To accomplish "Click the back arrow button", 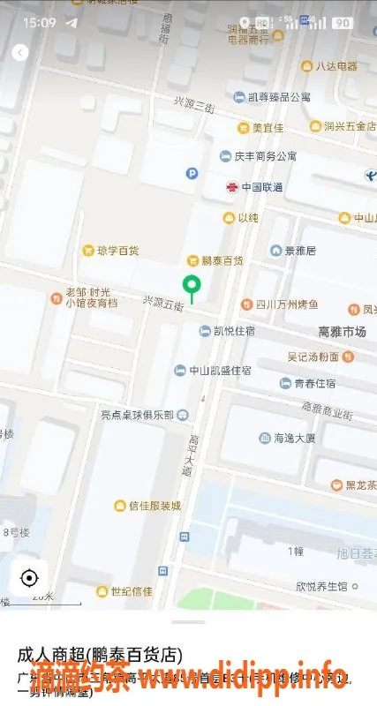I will pos(20,53).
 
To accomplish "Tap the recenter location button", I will pos(29,578).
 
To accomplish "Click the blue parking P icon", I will pos(192,174).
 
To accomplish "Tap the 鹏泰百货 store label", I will pos(222,260).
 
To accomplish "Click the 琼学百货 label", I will pos(117,251).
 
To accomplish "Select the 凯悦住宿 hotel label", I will pos(234,331).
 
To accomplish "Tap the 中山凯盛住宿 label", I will pos(219,370).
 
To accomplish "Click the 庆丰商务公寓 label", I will pos(264,156).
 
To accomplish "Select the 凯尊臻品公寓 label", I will pos(278,97).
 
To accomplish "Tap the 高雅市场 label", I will pos(342,332).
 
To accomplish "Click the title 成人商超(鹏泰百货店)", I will pos(100,655).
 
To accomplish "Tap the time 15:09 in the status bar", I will pos(40,22).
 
